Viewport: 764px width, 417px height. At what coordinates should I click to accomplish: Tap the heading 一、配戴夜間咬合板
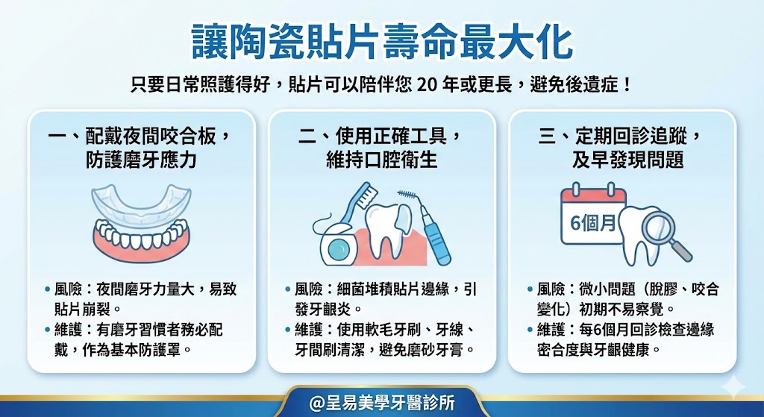click(x=138, y=137)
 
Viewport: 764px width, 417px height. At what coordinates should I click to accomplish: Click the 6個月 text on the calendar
click(x=592, y=223)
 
